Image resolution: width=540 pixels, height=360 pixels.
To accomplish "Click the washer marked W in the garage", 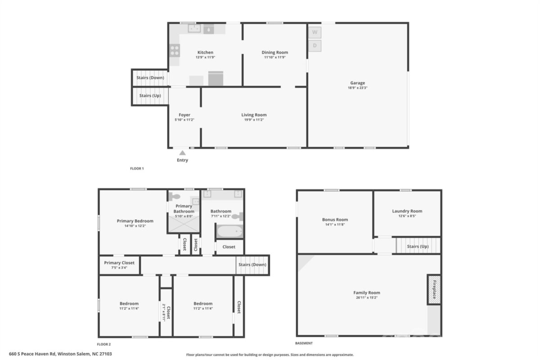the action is click(x=315, y=32).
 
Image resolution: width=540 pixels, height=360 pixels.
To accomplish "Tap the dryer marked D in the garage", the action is click(x=315, y=45).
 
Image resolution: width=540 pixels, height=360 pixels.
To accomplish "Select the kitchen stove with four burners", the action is click(x=175, y=51).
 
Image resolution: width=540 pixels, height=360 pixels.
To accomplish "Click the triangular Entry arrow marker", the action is click(x=183, y=153).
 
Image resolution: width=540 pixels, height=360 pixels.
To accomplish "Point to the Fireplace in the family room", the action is click(x=434, y=290).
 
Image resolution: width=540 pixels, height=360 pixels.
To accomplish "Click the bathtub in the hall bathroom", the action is click(x=230, y=231).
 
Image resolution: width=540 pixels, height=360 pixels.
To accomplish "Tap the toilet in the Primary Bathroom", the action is click(x=174, y=197).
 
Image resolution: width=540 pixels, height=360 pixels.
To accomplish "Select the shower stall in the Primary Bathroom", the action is click(x=184, y=224).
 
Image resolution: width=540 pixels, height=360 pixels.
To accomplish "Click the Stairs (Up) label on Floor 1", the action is click(x=150, y=95).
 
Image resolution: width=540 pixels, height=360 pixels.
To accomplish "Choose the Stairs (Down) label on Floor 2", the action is click(x=252, y=265).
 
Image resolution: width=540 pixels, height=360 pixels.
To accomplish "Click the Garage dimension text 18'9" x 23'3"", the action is click(x=357, y=88).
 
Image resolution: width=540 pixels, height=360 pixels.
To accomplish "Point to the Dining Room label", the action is click(x=275, y=52).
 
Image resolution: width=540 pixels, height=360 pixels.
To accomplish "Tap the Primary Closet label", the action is click(x=119, y=263).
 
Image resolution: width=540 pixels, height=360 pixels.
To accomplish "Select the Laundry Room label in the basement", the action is click(x=407, y=211).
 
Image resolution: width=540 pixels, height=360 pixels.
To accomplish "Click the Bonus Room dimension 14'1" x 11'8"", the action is click(x=335, y=225).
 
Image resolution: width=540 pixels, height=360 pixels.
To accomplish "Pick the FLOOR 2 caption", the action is click(x=104, y=344).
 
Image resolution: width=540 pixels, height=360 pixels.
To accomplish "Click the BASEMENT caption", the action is click(x=304, y=343).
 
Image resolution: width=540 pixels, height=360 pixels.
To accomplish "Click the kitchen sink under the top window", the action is click(x=194, y=28).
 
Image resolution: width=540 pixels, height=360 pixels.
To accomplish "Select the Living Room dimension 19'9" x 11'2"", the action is click(x=254, y=120).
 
